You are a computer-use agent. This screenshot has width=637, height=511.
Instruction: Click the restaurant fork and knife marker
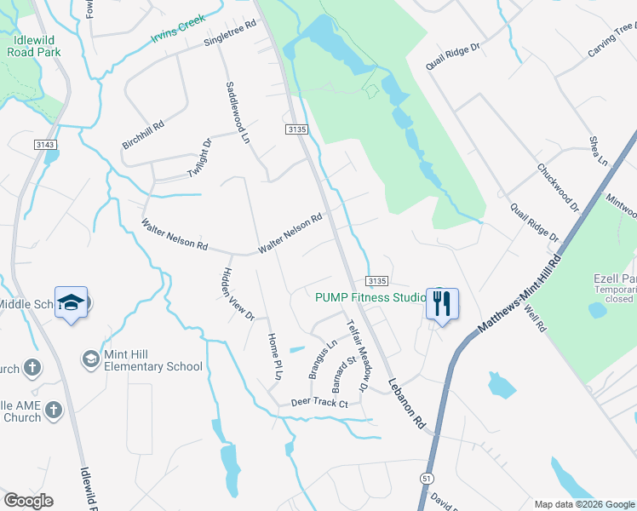(x=441, y=303)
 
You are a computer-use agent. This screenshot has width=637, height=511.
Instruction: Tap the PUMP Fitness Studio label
(x=370, y=297)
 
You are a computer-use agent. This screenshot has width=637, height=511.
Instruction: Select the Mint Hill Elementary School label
(x=153, y=360)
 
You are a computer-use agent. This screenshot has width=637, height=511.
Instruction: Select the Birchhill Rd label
(x=143, y=135)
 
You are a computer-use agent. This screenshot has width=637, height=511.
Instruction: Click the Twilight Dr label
(x=198, y=159)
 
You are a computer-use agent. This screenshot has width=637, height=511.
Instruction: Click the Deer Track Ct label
(x=320, y=402)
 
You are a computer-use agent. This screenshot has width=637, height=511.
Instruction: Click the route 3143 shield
(x=46, y=146)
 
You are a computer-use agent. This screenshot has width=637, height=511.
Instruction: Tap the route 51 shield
(x=425, y=479)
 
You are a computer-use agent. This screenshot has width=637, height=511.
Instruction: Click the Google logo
(x=28, y=501)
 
